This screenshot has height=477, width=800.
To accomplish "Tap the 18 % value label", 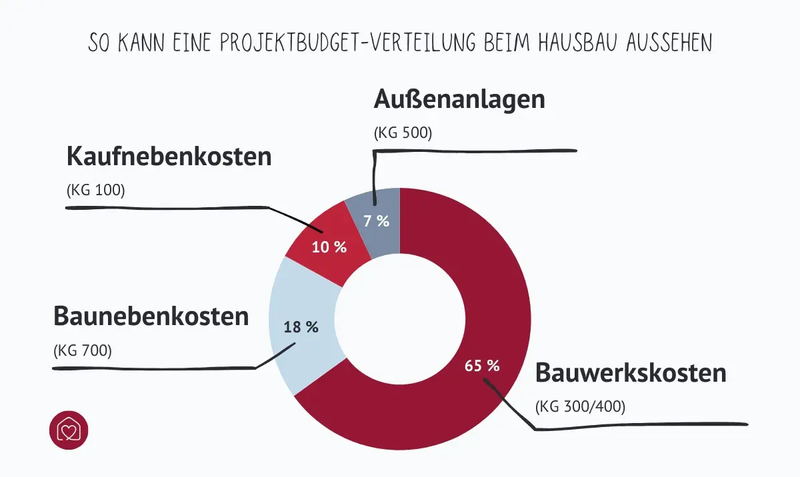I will [x=301, y=327].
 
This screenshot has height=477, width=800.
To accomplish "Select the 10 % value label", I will [x=329, y=246].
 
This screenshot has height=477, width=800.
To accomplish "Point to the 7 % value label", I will [x=376, y=221].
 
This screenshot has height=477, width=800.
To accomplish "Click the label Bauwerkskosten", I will [x=631, y=372].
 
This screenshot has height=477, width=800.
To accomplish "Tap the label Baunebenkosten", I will [x=151, y=316].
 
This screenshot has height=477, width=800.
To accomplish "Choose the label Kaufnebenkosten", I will [x=169, y=157].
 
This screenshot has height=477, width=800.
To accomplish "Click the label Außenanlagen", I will [x=459, y=99].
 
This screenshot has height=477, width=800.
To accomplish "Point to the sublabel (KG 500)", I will [x=403, y=133].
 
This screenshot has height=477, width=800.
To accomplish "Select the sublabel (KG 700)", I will [x=83, y=349].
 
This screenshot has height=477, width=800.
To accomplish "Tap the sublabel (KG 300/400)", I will [x=580, y=406].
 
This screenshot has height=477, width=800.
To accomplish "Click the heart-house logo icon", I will [x=69, y=430].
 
